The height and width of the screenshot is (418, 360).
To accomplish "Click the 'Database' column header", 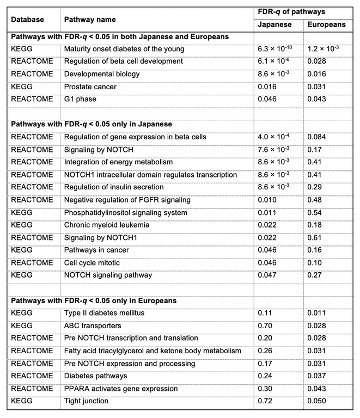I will click(x=27, y=19).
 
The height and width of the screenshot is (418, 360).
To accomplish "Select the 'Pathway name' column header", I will click(x=90, y=19).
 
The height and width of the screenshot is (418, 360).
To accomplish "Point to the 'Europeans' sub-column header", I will click(x=326, y=24).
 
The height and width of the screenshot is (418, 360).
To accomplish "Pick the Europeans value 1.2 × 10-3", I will click(x=326, y=49).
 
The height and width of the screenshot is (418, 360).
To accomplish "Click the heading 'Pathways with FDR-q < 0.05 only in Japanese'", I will click(x=91, y=124).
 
